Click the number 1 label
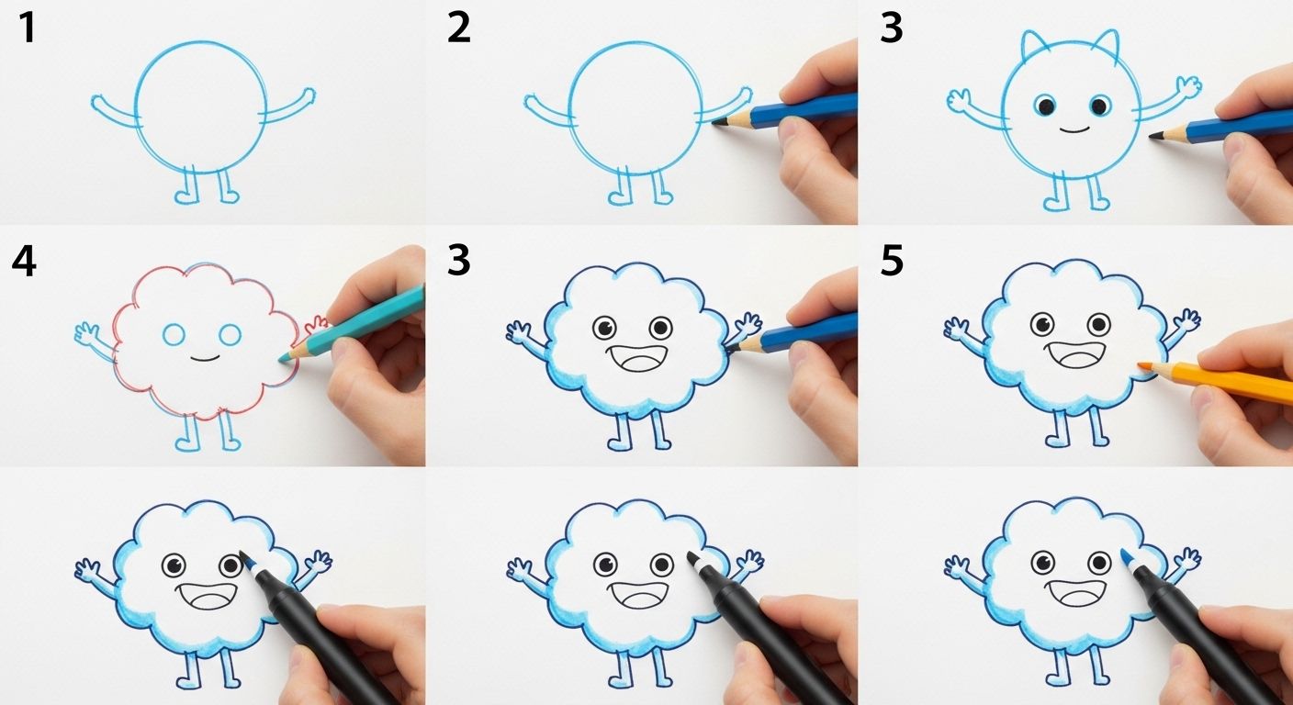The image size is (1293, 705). (x=27, y=28)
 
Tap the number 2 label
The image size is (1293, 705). (x=459, y=28)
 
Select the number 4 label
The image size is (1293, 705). (x=24, y=261)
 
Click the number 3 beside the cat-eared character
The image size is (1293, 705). (x=892, y=28)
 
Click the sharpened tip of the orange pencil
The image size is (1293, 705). (x=1141, y=364)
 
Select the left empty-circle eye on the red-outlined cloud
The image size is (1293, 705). (x=174, y=334)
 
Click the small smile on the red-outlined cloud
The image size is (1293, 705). (x=206, y=358)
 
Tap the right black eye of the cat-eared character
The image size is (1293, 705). (x=1100, y=106)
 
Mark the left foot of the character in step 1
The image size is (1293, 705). (x=186, y=196)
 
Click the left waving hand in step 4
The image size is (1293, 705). (x=86, y=333)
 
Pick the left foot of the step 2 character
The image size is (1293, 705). (x=619, y=196)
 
